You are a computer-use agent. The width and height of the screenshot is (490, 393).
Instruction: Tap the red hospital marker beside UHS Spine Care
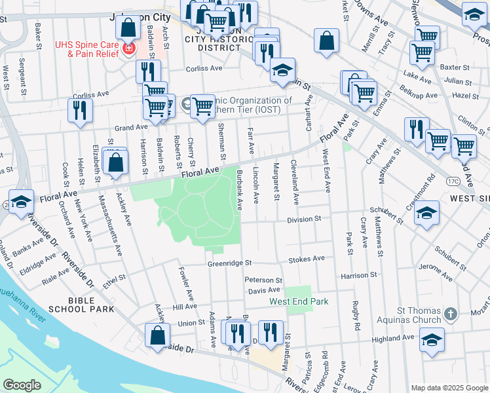pyautogui.click(x=129, y=48)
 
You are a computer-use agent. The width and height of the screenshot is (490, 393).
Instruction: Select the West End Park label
pyautogui.click(x=298, y=301)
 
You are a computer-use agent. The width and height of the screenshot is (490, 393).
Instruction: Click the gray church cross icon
pyautogui.click(x=449, y=314)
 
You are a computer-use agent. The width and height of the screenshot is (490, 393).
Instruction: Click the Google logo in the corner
pyautogui.click(x=22, y=385)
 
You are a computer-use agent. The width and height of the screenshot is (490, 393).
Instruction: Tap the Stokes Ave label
pyautogui.click(x=307, y=259)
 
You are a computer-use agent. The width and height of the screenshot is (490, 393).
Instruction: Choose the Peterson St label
pyautogui.click(x=263, y=280)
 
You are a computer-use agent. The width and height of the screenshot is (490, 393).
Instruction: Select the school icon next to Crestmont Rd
pyautogui.click(x=426, y=213)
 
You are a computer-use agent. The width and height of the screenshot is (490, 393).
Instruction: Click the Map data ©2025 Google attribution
pyautogui.click(x=449, y=387)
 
